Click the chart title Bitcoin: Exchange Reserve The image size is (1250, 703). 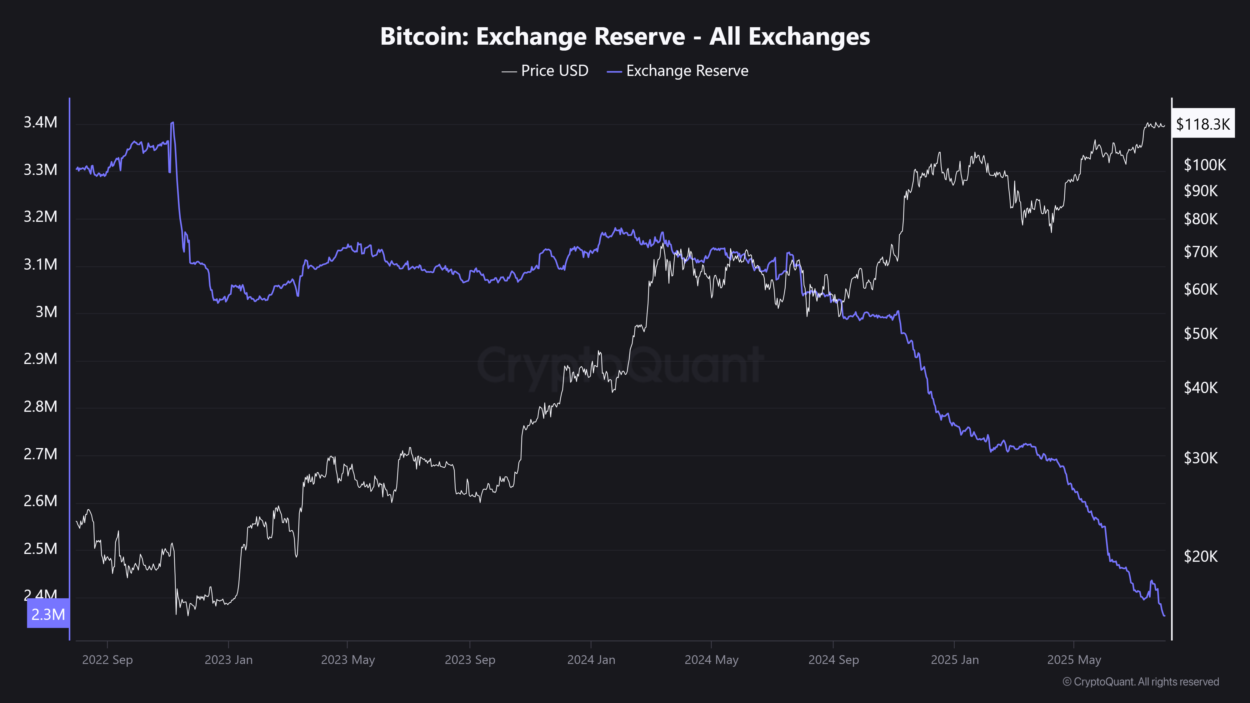[x=624, y=36]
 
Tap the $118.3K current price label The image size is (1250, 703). [x=1202, y=124]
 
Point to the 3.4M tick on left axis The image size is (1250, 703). [x=40, y=122]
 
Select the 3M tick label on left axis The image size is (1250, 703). [x=46, y=312]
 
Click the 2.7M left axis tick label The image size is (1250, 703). [x=40, y=454]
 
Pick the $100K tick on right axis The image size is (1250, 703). [x=1204, y=165]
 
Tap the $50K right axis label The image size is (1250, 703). [x=1201, y=334]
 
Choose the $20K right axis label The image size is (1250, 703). [x=1201, y=556]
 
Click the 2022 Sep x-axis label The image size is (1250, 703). [x=107, y=660]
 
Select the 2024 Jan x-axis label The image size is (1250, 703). [x=591, y=660]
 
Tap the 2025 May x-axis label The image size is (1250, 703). [x=1074, y=660]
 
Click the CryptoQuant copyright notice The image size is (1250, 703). [x=1140, y=682]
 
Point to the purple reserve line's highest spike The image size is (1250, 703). [x=172, y=123]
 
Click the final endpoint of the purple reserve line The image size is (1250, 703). [x=1164, y=616]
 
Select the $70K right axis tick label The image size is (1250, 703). [x=1201, y=252]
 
